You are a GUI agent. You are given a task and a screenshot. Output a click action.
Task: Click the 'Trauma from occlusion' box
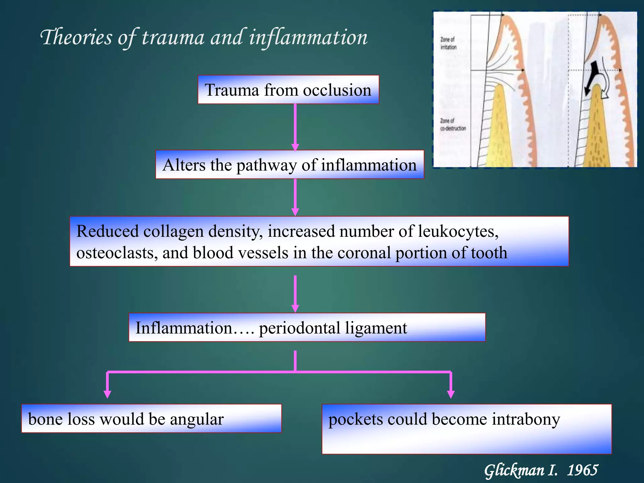click(288, 90)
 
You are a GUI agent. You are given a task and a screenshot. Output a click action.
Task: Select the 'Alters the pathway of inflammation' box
click(290, 164)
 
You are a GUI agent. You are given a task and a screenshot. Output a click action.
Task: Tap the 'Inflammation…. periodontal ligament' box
click(307, 327)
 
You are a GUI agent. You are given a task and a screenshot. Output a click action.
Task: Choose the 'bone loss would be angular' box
click(151, 419)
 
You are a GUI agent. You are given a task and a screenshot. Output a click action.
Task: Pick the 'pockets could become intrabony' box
click(467, 429)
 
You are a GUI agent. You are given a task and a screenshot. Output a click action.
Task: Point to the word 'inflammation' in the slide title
click(308, 37)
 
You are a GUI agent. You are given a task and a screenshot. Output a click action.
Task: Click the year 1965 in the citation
click(582, 470)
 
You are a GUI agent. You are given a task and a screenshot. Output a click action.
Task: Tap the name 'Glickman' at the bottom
click(514, 471)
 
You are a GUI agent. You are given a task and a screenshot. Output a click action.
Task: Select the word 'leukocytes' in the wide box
click(458, 231)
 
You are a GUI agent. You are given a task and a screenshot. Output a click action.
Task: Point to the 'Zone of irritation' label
click(448, 43)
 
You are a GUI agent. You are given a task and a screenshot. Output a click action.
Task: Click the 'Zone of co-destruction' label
click(453, 125)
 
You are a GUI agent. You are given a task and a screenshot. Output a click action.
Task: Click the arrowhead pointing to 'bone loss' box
click(108, 394)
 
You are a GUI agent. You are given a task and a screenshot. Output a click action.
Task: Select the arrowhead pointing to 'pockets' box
click(451, 394)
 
